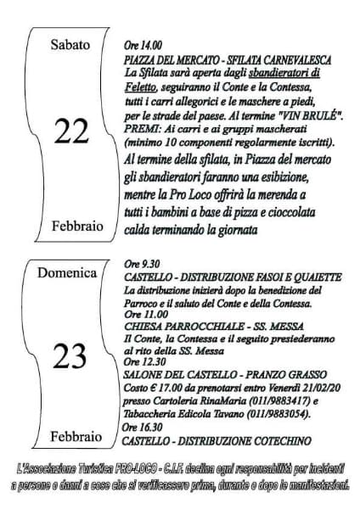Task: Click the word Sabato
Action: pyautogui.click(x=70, y=45)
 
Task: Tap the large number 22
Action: pyautogui.click(x=70, y=131)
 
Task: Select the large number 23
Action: pyautogui.click(x=70, y=357)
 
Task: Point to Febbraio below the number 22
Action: pyautogui.click(x=70, y=227)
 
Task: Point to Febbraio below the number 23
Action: pyautogui.click(x=70, y=436)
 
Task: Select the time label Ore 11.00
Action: pyautogui.click(x=141, y=313)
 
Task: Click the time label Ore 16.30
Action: pyautogui.click(x=141, y=428)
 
